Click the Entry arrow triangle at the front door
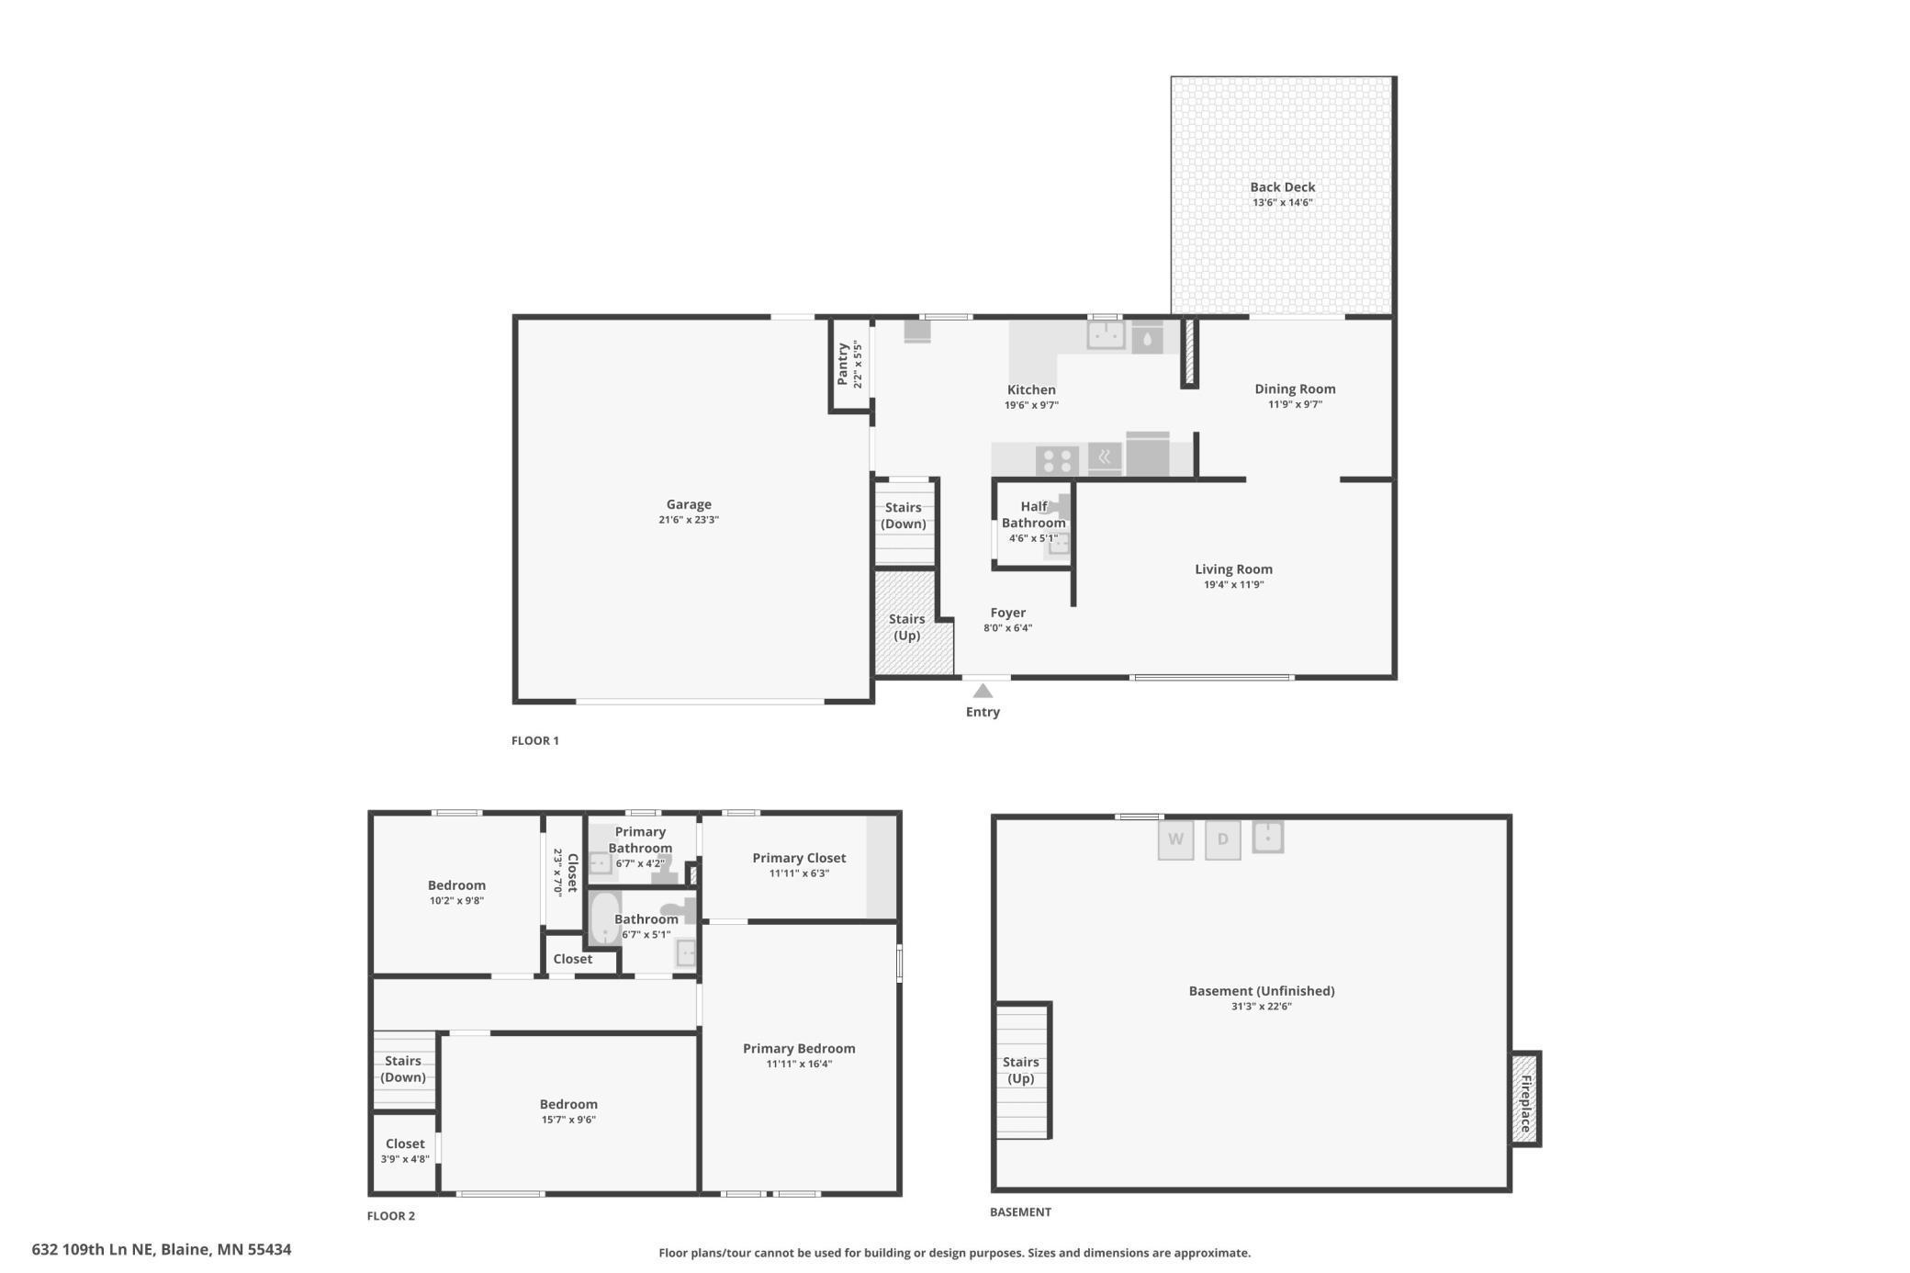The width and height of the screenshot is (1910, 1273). (983, 691)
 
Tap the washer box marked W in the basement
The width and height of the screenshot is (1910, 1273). (1175, 839)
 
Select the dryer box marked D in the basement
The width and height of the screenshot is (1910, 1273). (1222, 839)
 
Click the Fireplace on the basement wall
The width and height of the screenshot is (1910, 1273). (1525, 1098)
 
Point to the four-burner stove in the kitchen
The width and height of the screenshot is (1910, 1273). (1057, 459)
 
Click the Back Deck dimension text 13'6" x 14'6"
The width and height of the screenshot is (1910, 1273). (1282, 203)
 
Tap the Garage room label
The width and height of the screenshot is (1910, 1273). (689, 504)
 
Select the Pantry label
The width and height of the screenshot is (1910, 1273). (843, 364)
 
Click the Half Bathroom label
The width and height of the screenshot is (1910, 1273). (1034, 514)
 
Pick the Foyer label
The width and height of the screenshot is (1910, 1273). (1007, 613)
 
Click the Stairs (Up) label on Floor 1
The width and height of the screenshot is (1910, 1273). (906, 627)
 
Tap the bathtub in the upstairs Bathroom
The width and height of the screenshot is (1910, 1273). (604, 918)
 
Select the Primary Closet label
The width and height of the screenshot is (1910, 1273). (799, 858)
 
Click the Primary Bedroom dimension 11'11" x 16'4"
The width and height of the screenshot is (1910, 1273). (799, 1065)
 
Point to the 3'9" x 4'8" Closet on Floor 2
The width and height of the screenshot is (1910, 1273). (405, 1151)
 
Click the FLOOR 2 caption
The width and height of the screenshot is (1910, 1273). (391, 1216)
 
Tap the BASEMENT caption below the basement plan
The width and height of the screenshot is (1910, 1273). (1020, 1212)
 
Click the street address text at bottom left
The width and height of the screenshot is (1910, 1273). (162, 1249)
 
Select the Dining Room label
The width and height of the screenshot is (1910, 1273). (1295, 389)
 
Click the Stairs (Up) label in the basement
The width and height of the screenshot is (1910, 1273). (1021, 1070)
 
